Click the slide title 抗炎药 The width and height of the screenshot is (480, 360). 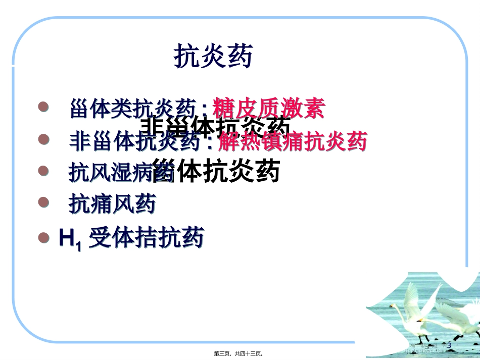pyautogui.click(x=213, y=56)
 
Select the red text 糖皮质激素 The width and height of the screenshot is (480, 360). pyautogui.click(x=269, y=109)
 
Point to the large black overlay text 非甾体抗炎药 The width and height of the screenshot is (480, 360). pyautogui.click(x=215, y=127)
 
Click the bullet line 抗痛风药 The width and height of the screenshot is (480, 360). pyautogui.click(x=112, y=204)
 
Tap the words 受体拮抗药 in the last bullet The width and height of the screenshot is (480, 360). pyautogui.click(x=147, y=237)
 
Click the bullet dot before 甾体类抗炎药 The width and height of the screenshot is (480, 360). pyautogui.click(x=44, y=107)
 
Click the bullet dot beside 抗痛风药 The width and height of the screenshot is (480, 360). pyautogui.click(x=44, y=202)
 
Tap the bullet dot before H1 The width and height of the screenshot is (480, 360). pyautogui.click(x=44, y=237)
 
